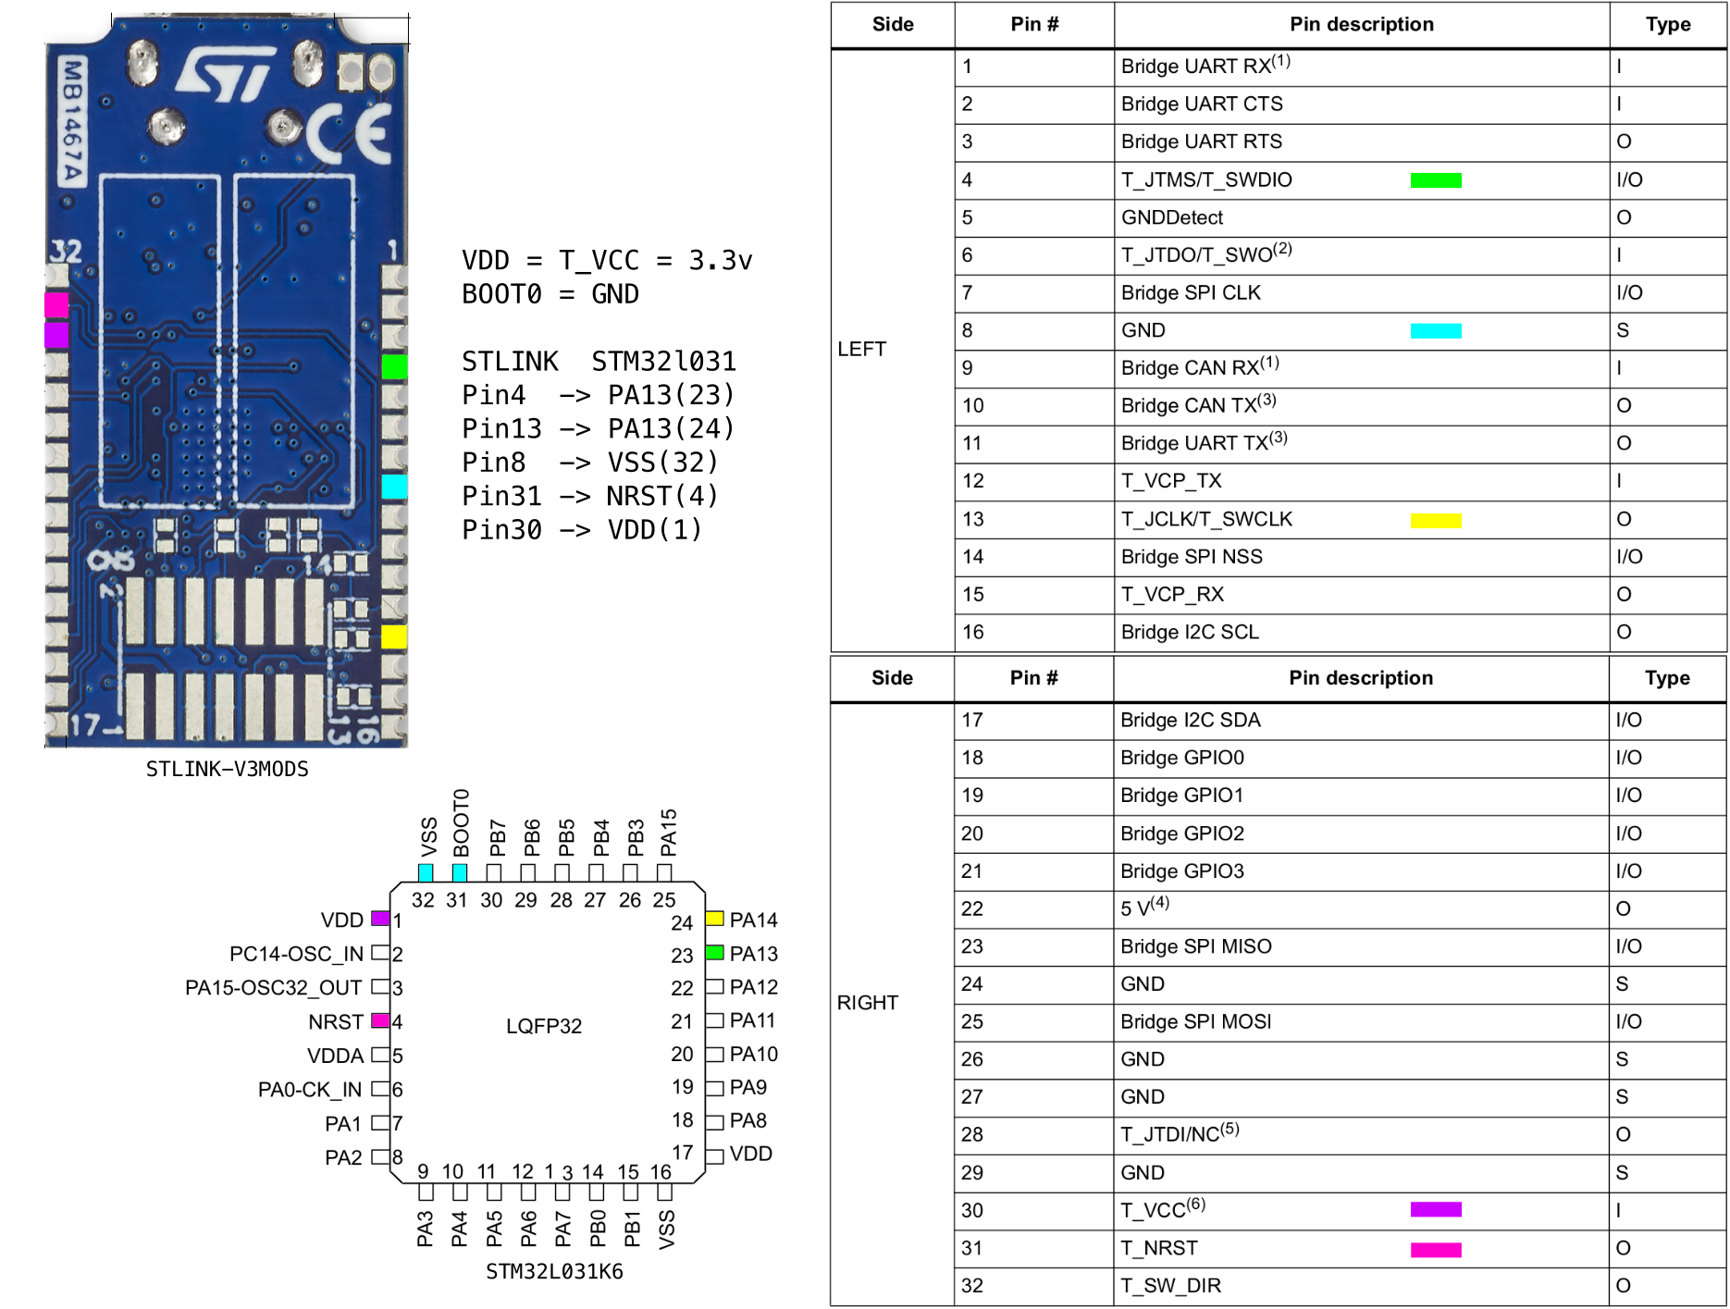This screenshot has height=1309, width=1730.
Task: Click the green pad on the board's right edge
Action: click(394, 367)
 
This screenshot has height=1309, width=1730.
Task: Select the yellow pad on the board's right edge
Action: click(394, 636)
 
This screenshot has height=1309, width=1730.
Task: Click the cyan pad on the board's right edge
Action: click(394, 487)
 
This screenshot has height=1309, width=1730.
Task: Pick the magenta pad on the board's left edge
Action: click(56, 304)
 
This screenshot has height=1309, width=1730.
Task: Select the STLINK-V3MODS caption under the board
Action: click(227, 769)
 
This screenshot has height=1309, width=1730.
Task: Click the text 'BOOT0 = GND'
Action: click(550, 294)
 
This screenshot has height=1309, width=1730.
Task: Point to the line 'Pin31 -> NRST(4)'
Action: click(589, 496)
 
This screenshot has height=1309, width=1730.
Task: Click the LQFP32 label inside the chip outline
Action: click(544, 1026)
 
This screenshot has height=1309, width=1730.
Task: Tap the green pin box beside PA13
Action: click(714, 953)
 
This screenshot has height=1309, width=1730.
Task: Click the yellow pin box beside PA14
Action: click(714, 919)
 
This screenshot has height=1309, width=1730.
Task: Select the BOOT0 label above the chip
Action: click(461, 822)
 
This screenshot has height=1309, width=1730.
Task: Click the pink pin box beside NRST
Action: click(379, 1021)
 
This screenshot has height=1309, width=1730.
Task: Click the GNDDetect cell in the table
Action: click(1171, 217)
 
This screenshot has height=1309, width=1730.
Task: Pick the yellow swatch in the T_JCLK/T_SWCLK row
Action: click(1435, 521)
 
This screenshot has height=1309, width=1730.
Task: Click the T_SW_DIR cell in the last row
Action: click(1170, 1285)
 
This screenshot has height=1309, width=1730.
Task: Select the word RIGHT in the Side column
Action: click(867, 1003)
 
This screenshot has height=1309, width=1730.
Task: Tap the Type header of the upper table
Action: click(1667, 25)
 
